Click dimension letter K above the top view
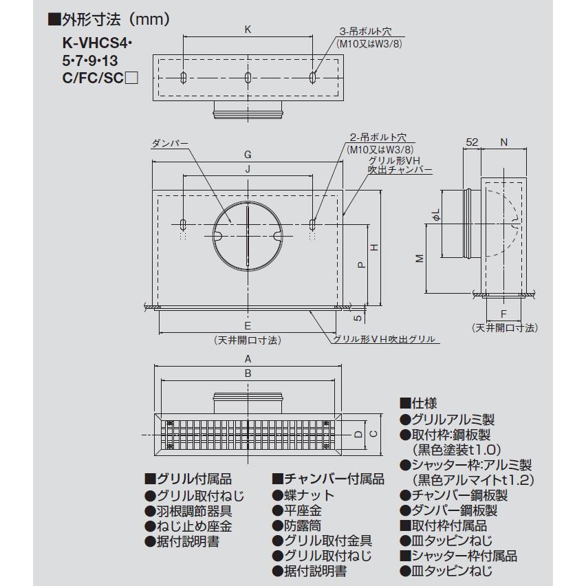tap(248, 30)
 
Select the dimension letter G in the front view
tap(248, 154)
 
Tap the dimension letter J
tap(248, 169)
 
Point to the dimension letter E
tap(248, 325)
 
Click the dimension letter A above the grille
tap(248, 359)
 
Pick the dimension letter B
tap(248, 373)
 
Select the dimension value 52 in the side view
tap(472, 142)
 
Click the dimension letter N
tap(503, 142)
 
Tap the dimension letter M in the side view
tap(420, 258)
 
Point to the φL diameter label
tap(436, 216)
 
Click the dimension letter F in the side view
tap(503, 314)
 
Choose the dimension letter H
tap(374, 247)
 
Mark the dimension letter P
tap(361, 264)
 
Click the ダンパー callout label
tap(170, 144)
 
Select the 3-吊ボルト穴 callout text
tap(365, 31)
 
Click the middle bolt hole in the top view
tap(248, 78)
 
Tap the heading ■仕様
tap(418, 403)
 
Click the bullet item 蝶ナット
tap(303, 495)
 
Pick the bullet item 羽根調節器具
tap(188, 511)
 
